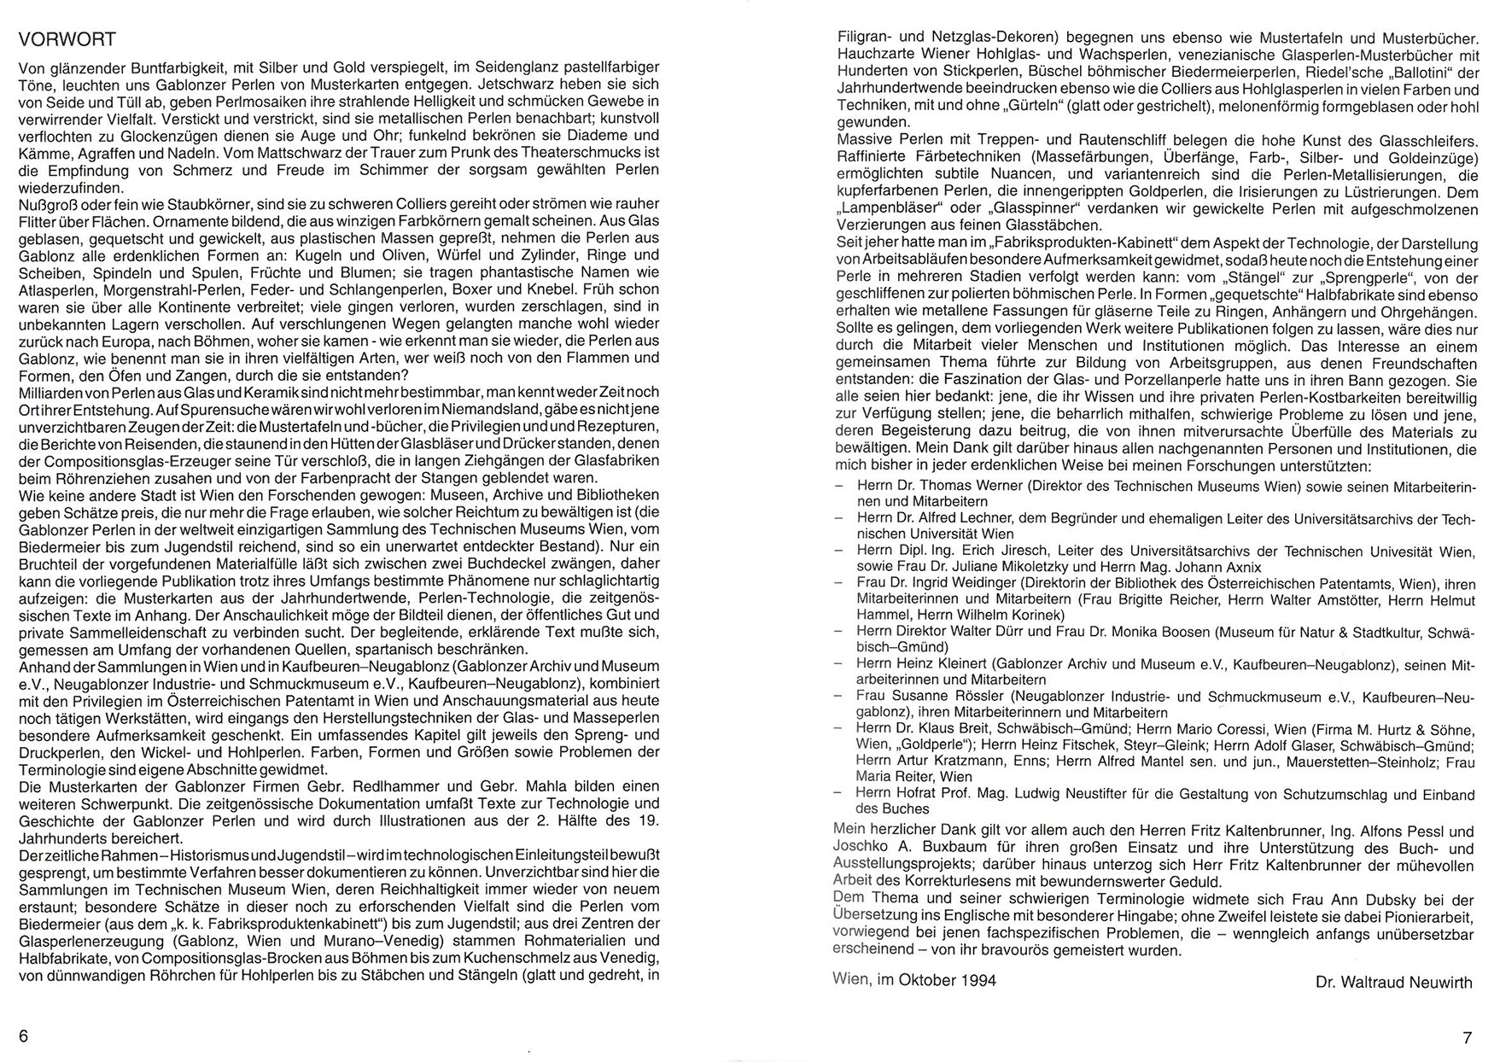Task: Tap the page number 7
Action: tap(1468, 1038)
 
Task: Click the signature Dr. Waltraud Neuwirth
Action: tap(1394, 983)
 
